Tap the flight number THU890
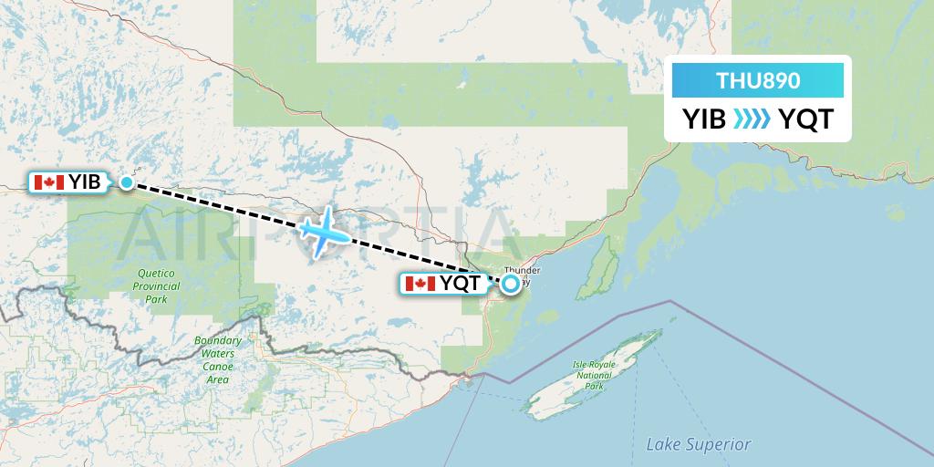click(758, 80)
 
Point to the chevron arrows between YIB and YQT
click(753, 119)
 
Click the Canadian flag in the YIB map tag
click(48, 182)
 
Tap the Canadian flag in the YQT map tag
click(420, 284)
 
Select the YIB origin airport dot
click(127, 182)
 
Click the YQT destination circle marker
click(510, 284)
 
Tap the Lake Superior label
click(698, 444)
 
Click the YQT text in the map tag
click(460, 284)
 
